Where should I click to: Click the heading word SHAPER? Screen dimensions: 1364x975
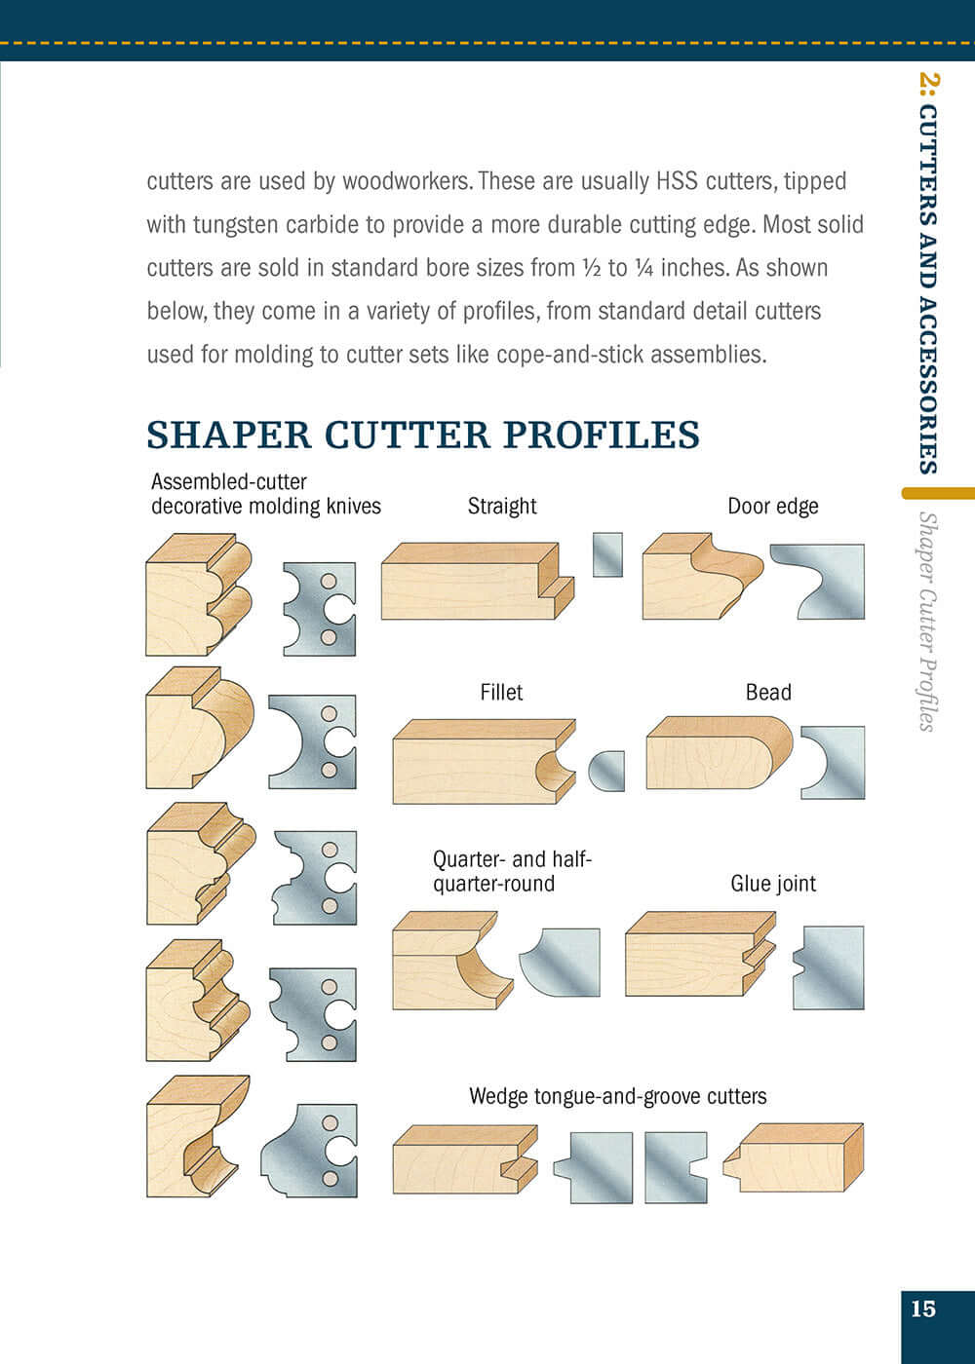click(x=228, y=435)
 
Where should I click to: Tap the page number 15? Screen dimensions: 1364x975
click(x=922, y=1308)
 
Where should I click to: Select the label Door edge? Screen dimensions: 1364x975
click(x=772, y=506)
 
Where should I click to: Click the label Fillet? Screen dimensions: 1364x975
click(x=501, y=693)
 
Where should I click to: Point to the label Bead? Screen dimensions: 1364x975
click(x=768, y=693)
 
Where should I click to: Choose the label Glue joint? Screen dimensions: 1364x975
click(x=772, y=884)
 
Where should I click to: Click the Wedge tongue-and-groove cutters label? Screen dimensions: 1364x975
click(x=617, y=1096)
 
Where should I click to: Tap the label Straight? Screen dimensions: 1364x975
click(x=502, y=506)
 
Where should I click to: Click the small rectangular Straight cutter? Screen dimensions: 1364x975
click(x=607, y=554)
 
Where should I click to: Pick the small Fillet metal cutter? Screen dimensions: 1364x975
click(x=608, y=771)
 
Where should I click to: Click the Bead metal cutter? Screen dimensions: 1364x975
click(x=837, y=762)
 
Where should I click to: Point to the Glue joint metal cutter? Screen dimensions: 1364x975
click(x=830, y=967)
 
